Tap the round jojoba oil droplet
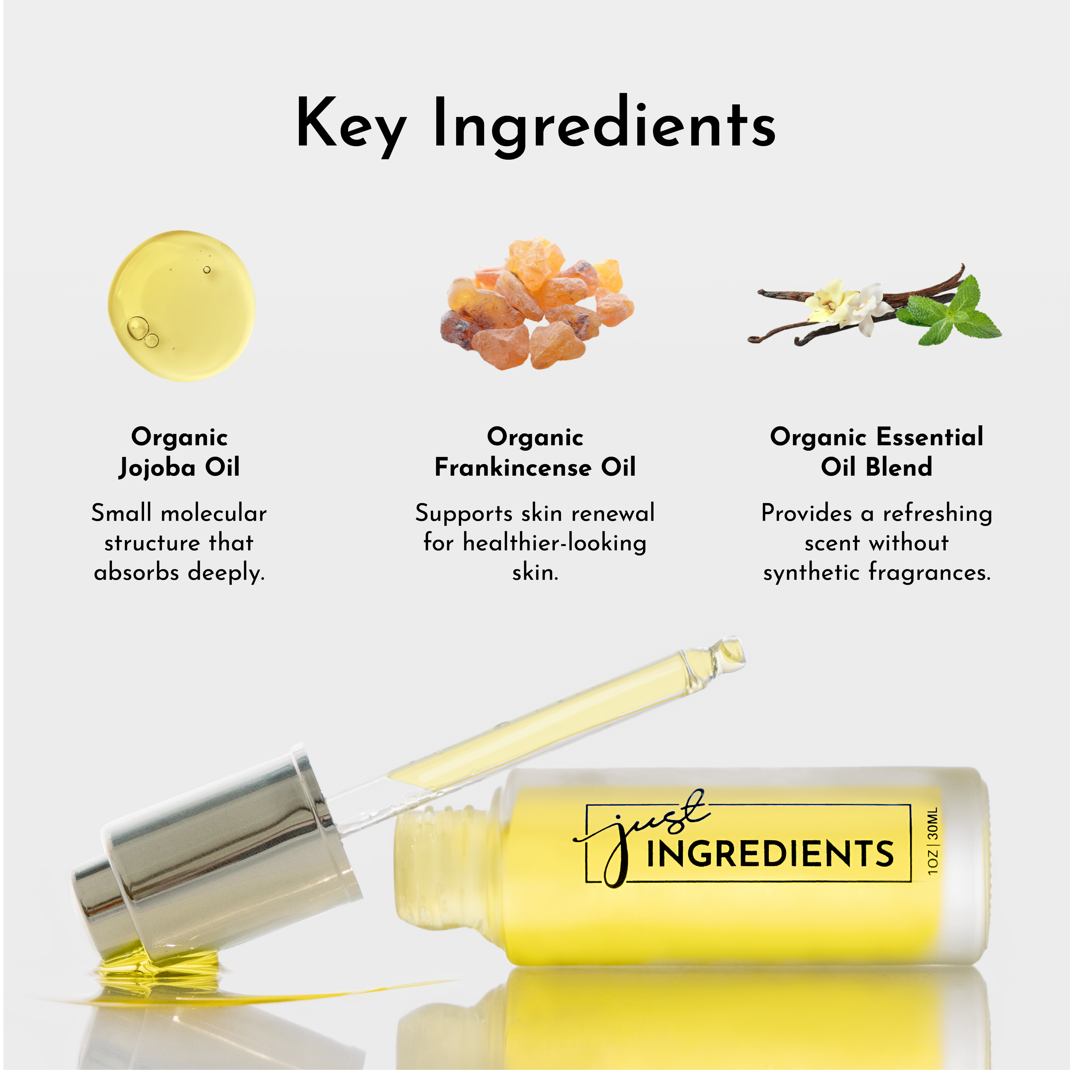(182, 306)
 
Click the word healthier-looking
(555, 543)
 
